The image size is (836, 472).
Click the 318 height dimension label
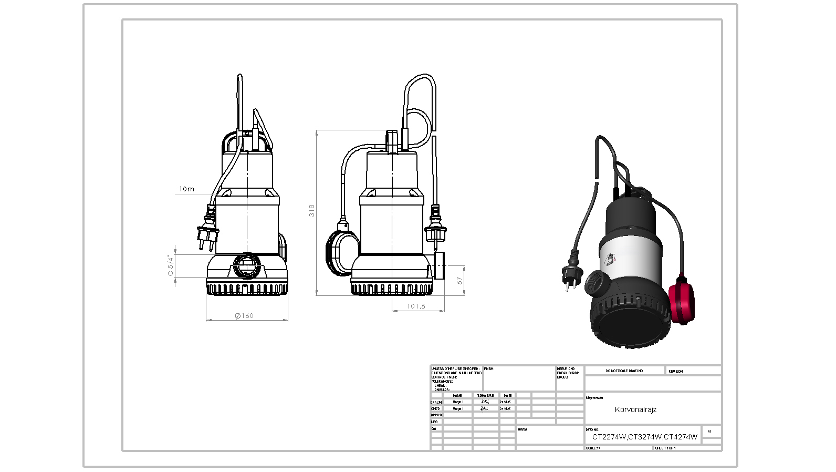pyautogui.click(x=312, y=211)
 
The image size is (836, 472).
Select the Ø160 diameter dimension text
pyautogui.click(x=244, y=315)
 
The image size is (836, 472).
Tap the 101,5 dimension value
pyautogui.click(x=416, y=306)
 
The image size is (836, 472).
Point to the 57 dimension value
pyautogui.click(x=460, y=281)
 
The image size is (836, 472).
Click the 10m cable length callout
pyautogui.click(x=186, y=189)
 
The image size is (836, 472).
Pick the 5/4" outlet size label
pyautogui.click(x=170, y=265)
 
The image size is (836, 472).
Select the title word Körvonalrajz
pyautogui.click(x=635, y=409)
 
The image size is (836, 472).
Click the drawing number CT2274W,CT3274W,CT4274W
pyautogui.click(x=645, y=437)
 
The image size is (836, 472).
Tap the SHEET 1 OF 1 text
pyautogui.click(x=665, y=448)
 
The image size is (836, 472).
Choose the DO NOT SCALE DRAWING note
pyautogui.click(x=624, y=371)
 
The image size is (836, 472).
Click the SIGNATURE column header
pyautogui.click(x=485, y=395)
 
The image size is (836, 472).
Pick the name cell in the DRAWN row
pyautogui.click(x=458, y=402)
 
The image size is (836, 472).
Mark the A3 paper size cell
pyautogui.click(x=709, y=432)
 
